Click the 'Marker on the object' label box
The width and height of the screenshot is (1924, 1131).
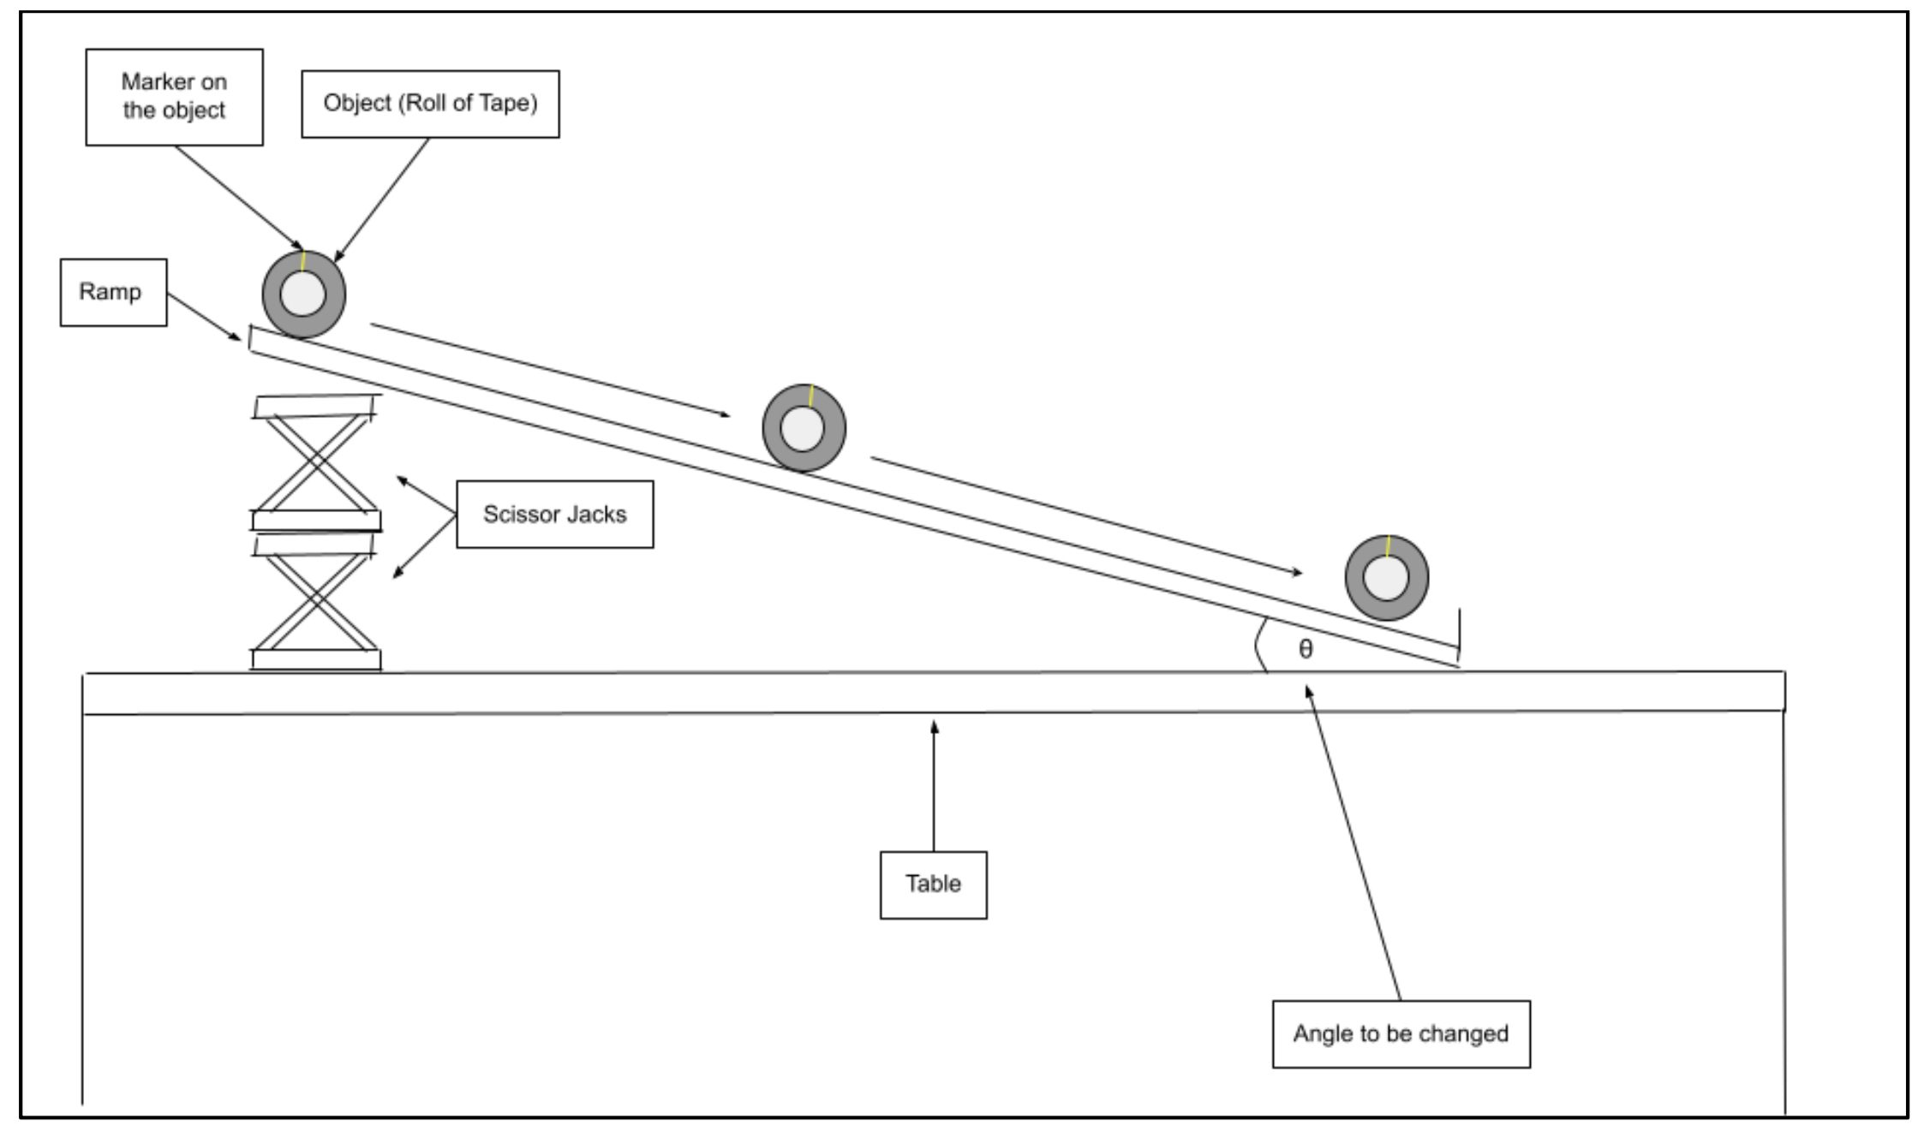174,97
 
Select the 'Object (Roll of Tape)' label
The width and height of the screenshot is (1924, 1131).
430,104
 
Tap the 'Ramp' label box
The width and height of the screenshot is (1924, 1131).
113,292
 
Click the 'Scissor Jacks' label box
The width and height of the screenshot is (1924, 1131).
554,514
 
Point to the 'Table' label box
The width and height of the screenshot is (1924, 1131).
933,884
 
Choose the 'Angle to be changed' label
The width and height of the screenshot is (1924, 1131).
1401,1033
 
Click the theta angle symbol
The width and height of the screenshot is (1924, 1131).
1305,649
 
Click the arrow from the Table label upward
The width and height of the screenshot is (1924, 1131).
934,785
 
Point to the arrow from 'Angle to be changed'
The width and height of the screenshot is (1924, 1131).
1353,842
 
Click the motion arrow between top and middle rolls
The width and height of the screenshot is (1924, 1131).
550,370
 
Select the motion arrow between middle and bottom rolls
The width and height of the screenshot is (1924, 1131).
1086,516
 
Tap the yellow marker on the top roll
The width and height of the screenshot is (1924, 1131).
303,261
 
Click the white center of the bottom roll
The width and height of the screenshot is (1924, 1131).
1386,578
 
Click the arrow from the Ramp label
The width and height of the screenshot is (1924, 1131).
204,317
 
